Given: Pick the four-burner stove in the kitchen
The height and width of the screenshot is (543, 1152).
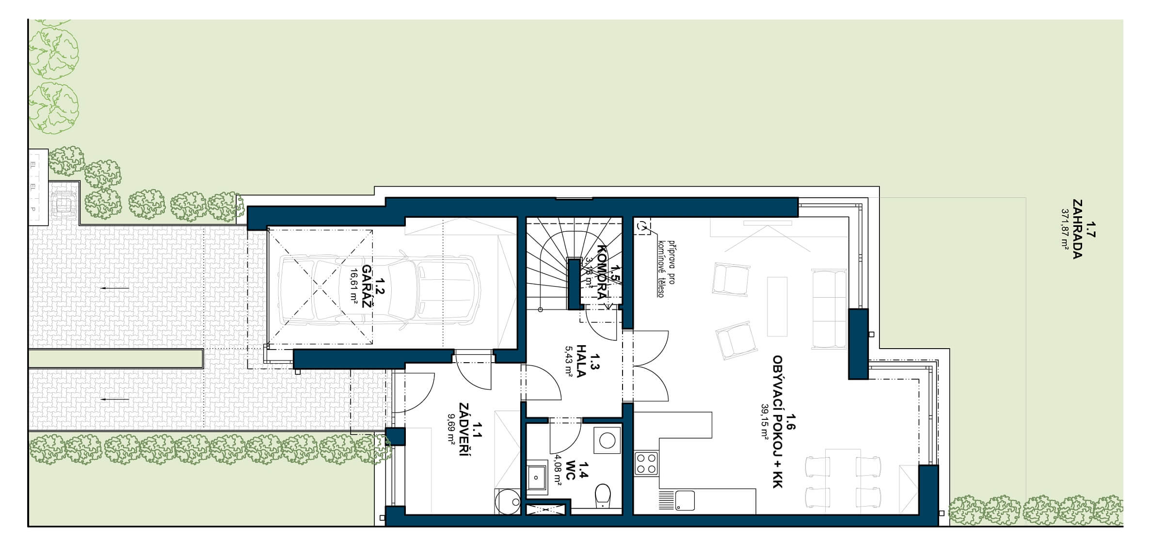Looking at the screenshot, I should pos(646,463).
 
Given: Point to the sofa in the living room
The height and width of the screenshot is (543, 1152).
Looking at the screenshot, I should pos(830,309).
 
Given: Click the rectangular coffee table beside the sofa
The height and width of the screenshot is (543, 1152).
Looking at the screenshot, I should pos(777,306).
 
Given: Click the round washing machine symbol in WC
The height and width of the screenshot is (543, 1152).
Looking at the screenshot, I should pos(607,440).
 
